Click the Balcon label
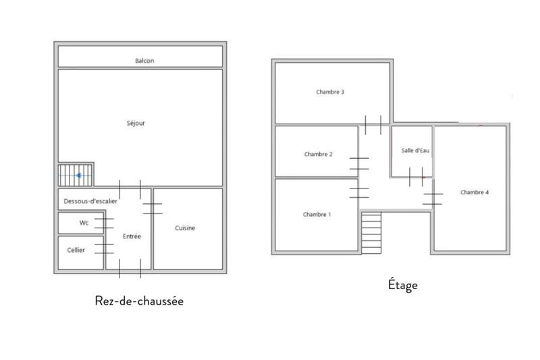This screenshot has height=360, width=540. pyautogui.click(x=144, y=61)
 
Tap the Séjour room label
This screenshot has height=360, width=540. pyautogui.click(x=136, y=124)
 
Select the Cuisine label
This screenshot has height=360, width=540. pyautogui.click(x=185, y=228)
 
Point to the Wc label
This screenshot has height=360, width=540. pyautogui.click(x=84, y=223)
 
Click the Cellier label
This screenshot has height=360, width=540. pyautogui.click(x=76, y=250)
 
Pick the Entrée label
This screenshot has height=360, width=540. pyautogui.click(x=132, y=237)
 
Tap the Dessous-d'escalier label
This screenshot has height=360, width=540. pyautogui.click(x=91, y=201)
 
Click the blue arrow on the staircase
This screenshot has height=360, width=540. pyautogui.click(x=80, y=176)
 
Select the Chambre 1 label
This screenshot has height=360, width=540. pyautogui.click(x=317, y=215)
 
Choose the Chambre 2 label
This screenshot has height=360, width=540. pyautogui.click(x=318, y=154)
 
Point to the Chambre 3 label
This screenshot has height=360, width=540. pyautogui.click(x=331, y=92)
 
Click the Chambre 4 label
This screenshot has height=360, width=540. pyautogui.click(x=475, y=192)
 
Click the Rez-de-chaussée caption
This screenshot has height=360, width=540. pyautogui.click(x=139, y=301)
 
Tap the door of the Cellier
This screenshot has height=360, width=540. pyautogui.click(x=104, y=248)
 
